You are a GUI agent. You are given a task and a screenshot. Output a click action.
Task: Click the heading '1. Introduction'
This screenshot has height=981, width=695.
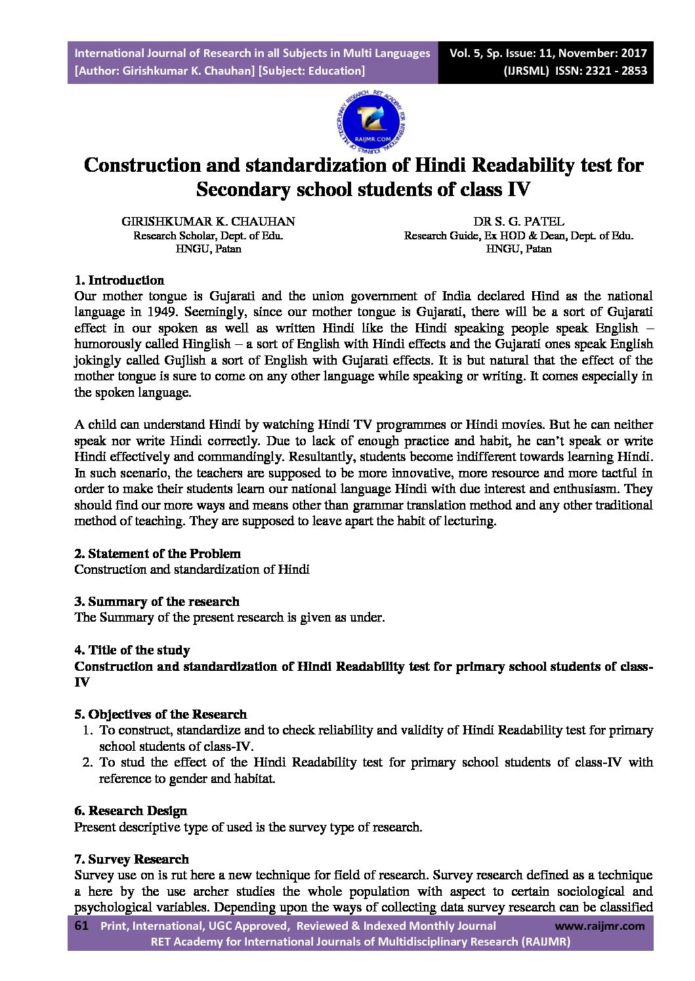coord(119,281)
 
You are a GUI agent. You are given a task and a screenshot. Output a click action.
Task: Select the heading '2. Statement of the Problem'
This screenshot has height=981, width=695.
coord(158,553)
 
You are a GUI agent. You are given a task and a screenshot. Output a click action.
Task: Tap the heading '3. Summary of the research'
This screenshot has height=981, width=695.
coord(157,601)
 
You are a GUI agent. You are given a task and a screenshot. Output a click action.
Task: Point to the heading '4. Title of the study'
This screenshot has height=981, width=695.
coord(132,650)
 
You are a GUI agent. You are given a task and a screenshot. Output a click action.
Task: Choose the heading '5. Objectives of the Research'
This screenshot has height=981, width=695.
coord(161,714)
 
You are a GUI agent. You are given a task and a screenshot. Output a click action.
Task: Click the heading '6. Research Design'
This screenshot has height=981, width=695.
coord(131,811)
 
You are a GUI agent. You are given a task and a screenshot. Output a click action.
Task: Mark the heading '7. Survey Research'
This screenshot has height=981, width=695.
coord(131,859)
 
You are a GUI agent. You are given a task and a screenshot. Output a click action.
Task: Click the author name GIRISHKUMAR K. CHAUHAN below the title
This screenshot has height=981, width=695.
coord(208,222)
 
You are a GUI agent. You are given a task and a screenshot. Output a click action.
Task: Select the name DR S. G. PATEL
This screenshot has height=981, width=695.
coord(518,222)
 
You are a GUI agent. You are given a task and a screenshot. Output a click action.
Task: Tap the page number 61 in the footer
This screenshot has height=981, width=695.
coord(82,926)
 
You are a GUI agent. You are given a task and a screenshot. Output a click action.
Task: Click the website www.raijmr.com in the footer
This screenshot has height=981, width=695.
coord(600,926)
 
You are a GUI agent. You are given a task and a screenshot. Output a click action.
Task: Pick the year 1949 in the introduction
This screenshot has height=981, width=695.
coord(162,312)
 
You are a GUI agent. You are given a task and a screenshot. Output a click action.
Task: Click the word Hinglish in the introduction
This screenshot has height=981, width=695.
coord(207,344)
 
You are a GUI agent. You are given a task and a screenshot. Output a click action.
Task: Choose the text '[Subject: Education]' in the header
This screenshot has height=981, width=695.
coord(312,71)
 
